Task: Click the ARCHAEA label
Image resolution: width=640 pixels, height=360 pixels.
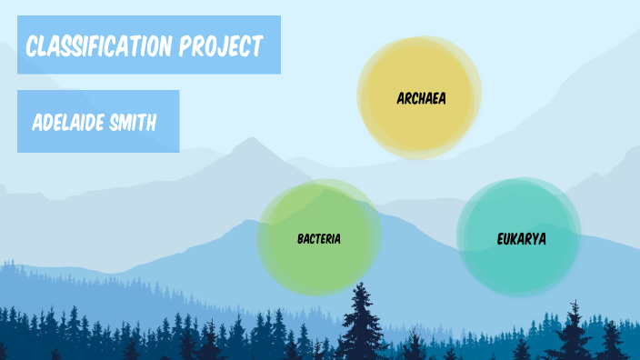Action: pos(422,97)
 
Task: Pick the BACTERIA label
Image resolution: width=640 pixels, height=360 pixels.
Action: pos(319,239)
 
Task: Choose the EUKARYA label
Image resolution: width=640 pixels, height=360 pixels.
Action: pos(522,239)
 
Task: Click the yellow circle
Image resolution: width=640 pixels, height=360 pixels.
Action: pos(419,123)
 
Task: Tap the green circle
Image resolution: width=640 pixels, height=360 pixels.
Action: pos(318,264)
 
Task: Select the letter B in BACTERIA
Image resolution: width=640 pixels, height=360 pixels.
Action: pos(300,239)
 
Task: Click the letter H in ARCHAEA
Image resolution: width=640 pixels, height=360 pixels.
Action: pos(423,97)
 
